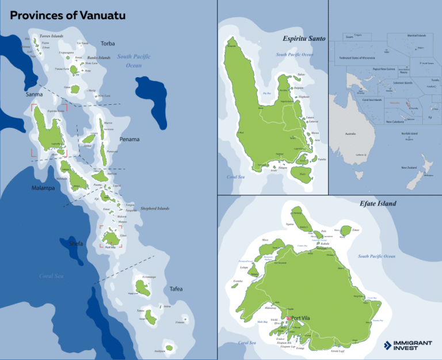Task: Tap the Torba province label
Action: [108, 43]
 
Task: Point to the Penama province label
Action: [129, 139]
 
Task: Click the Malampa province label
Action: [43, 188]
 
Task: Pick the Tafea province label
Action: [176, 289]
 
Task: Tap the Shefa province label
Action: [76, 244]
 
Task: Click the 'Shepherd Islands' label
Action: [155, 209]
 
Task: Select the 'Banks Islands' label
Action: [99, 58]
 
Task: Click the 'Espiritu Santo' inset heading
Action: [304, 39]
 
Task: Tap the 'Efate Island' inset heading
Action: [378, 203]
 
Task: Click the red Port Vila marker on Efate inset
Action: [289, 318]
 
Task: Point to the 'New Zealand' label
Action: [409, 168]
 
